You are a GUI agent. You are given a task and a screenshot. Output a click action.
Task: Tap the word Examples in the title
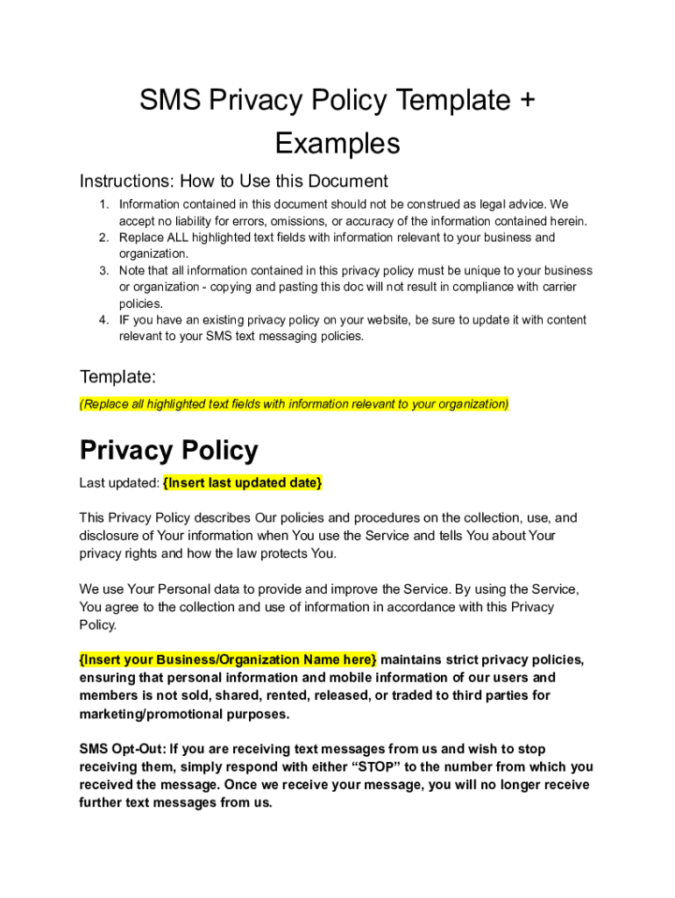tap(337, 143)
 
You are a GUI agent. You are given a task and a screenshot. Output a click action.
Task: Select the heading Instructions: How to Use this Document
tap(233, 182)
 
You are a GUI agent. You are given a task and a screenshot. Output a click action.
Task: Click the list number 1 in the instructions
tap(103, 204)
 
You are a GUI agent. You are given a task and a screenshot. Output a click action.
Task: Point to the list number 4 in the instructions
tap(103, 320)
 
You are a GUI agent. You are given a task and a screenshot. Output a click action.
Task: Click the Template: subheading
tap(117, 377)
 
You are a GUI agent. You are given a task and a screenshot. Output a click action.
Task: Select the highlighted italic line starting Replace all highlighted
tap(294, 404)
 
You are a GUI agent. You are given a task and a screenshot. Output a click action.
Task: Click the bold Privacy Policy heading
tap(168, 450)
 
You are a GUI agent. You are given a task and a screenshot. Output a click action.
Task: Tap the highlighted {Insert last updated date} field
tap(243, 482)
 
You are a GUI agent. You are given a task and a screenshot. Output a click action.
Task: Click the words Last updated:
tap(119, 482)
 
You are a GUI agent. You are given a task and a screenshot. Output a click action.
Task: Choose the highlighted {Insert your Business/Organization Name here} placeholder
tap(228, 659)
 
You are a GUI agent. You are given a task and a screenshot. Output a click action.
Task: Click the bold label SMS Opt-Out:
tap(123, 749)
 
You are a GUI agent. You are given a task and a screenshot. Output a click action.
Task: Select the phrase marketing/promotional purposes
tap(184, 714)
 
